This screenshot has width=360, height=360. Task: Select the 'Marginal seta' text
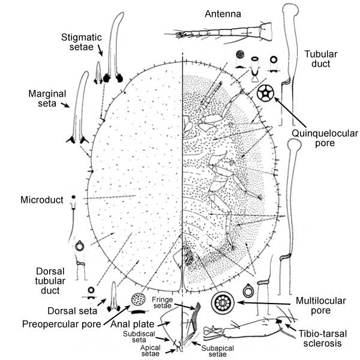47,98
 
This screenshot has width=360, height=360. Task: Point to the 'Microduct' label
42,199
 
